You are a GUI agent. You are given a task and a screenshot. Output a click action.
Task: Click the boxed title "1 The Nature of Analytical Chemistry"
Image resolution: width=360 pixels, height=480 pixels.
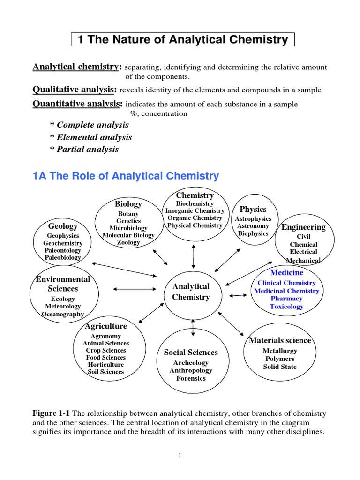183,40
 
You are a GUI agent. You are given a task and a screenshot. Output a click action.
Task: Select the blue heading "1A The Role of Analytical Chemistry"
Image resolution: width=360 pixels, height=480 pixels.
126,176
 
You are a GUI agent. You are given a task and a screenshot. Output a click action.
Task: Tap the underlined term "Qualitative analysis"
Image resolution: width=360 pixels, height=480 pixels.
75,89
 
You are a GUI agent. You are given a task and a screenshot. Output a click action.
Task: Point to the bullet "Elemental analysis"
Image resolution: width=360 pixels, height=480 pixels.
91,137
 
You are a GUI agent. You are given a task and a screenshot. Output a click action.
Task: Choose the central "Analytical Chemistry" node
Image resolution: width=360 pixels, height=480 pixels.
191,292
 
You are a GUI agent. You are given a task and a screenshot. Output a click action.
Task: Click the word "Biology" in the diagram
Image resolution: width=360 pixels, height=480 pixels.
128,204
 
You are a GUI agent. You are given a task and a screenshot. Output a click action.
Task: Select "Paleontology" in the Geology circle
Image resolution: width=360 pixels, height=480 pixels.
63,250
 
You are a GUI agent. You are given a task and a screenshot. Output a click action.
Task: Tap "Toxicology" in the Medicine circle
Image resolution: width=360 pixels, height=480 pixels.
286,307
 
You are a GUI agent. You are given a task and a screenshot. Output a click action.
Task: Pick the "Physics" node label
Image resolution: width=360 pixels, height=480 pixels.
253,209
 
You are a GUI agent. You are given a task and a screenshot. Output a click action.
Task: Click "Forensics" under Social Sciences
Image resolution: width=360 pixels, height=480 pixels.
191,378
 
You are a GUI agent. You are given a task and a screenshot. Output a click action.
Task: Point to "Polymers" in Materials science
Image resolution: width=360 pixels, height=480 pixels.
279,359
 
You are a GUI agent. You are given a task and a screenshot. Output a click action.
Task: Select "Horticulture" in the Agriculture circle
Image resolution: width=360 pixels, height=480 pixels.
105,364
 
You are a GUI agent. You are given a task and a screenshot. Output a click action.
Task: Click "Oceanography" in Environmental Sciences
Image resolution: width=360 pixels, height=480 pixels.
63,314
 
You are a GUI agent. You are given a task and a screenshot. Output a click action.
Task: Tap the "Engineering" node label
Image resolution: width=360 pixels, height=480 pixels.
303,227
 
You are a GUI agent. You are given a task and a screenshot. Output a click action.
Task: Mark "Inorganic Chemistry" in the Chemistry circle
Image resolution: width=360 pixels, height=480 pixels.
195,211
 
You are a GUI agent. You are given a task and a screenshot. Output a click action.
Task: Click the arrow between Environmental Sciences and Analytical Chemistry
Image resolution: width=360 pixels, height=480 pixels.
134,289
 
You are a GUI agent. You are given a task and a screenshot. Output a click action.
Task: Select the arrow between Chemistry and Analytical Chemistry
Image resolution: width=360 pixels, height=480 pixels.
193,256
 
